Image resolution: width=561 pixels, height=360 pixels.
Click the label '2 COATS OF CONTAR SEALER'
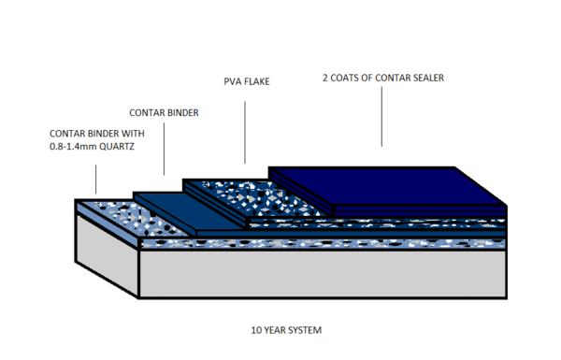click(381, 78)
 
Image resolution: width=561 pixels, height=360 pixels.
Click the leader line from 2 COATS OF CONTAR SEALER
click(381, 117)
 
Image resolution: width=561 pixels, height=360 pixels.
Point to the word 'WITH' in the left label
click(132, 133)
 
